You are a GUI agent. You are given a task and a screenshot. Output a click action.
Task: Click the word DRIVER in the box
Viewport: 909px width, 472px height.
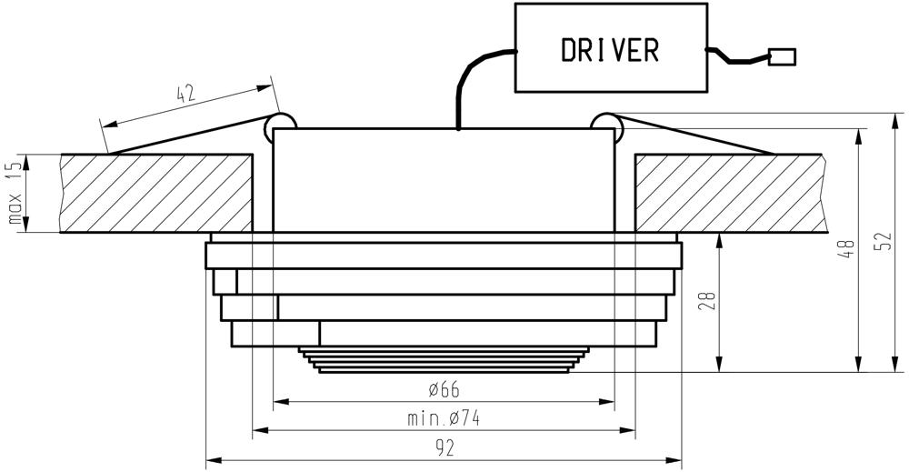pos(610,50)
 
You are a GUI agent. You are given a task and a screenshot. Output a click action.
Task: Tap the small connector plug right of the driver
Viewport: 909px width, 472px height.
pos(782,56)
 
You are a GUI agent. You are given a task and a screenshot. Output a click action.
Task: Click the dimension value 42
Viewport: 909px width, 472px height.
pos(185,94)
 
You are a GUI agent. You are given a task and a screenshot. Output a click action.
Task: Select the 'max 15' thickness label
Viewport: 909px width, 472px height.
pos(15,193)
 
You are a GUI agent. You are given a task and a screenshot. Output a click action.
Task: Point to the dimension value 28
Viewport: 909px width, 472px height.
pos(708,300)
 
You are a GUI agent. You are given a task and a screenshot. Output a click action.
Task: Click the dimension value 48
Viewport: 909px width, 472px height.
pos(847,248)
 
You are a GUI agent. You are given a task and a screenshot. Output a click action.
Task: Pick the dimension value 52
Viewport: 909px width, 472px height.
pos(883,242)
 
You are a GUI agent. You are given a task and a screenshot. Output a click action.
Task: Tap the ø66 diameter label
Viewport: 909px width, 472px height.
pos(445,389)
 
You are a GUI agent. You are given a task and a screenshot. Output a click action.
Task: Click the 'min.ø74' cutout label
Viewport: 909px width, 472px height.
pos(445,418)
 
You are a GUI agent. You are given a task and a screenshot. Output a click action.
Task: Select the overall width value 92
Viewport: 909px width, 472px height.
pos(445,447)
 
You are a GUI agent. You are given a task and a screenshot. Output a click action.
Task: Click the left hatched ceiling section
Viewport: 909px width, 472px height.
pos(156,193)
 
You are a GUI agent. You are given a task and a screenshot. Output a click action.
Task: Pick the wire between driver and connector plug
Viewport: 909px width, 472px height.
pos(736,57)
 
